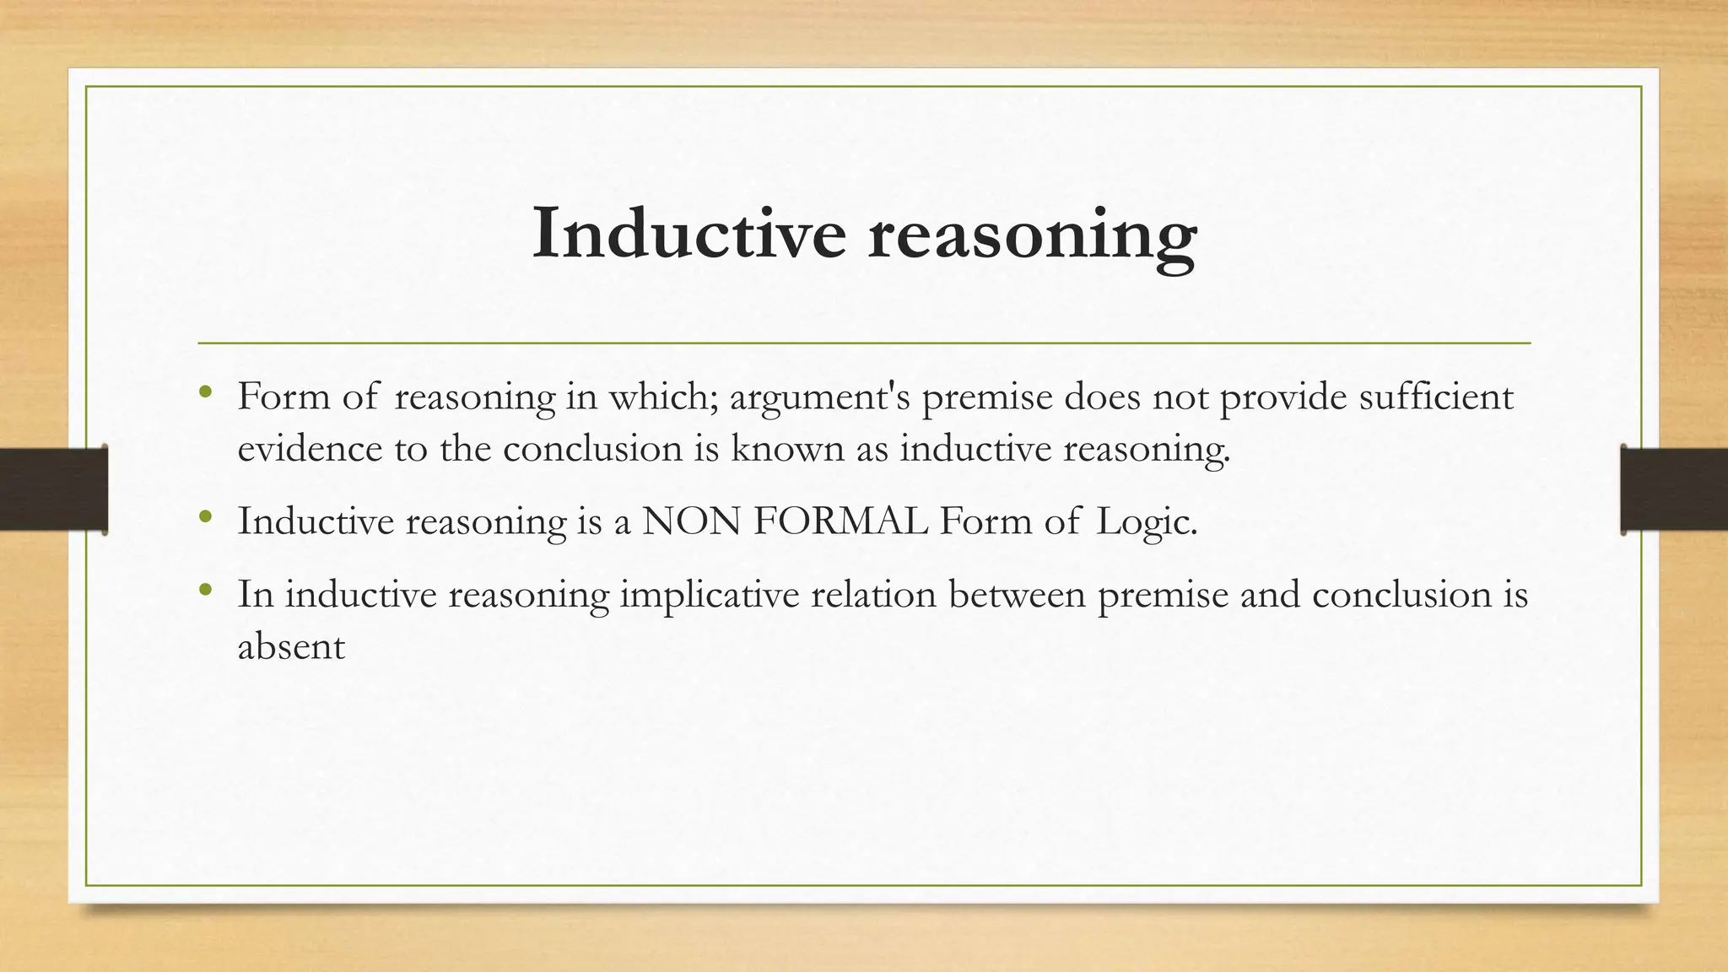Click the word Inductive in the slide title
688,233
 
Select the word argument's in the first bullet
820,397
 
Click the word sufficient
1436,397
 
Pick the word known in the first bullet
787,448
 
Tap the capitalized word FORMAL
840,521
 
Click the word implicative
709,596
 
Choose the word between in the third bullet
1017,595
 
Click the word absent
291,647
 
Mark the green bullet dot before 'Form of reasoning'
204,391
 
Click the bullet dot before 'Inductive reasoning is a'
204,516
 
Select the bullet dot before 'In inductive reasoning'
204,590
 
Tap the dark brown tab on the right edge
1674,489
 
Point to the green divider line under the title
864,343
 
